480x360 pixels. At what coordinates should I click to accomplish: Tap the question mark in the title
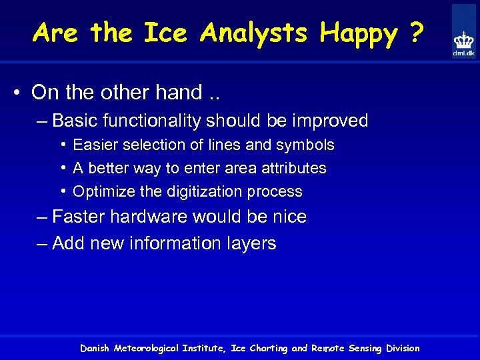(x=416, y=33)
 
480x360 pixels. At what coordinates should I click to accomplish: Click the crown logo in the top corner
(x=463, y=39)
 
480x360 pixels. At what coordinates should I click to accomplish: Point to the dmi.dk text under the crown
(x=464, y=53)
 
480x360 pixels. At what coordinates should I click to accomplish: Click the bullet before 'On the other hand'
(x=21, y=93)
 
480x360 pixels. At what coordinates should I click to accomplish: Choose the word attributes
(x=293, y=168)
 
